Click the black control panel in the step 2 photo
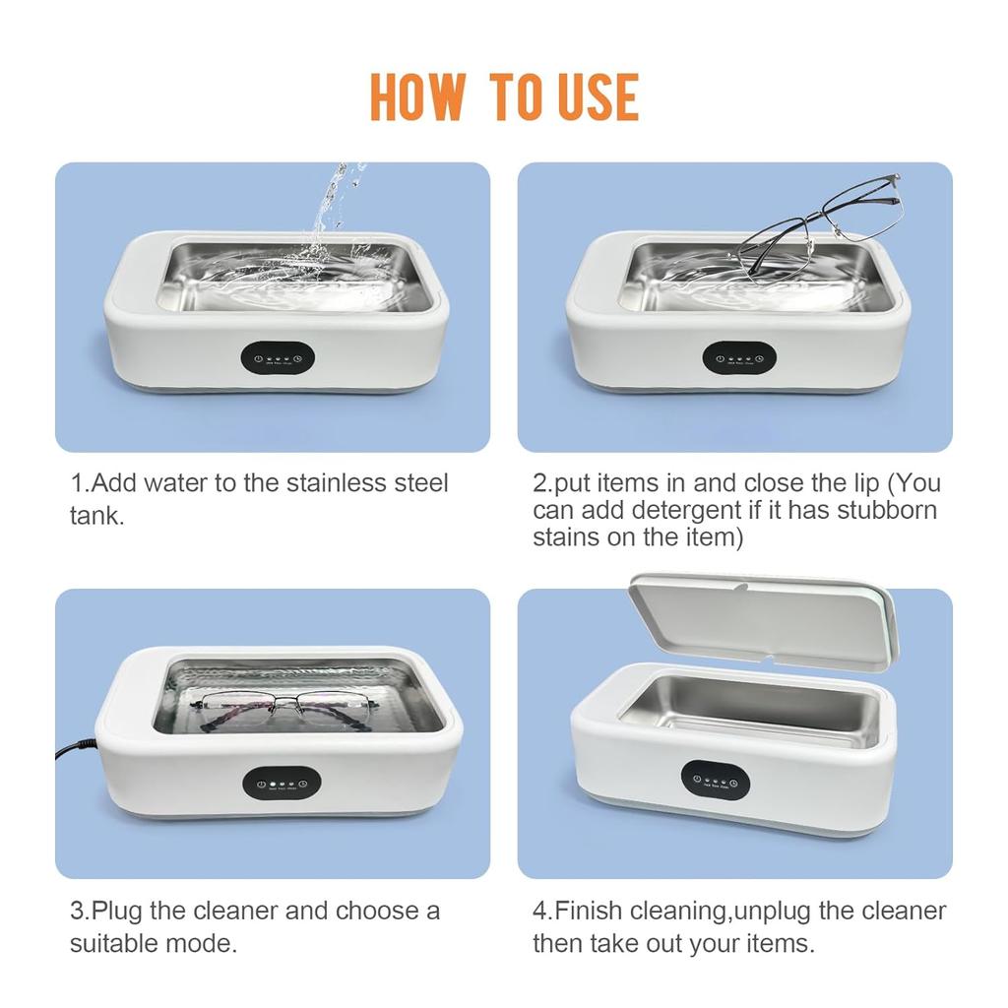pos(738,358)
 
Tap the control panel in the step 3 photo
pos(281,785)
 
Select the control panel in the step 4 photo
pos(716,779)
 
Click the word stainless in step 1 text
pos(339,483)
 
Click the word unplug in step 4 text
pos(769,912)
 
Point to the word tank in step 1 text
pos(95,516)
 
